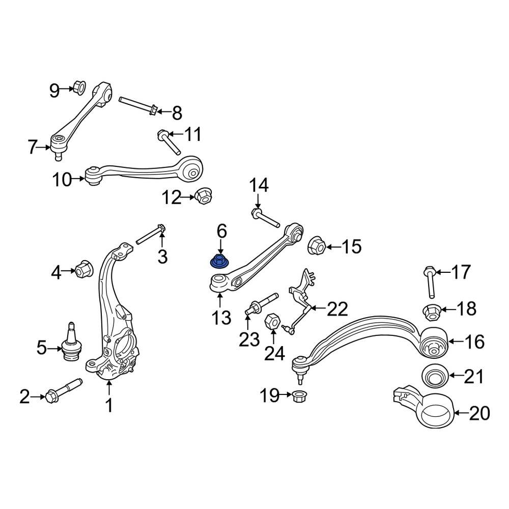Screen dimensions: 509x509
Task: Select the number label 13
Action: tap(221, 318)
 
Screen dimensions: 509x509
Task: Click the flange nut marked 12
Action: tap(203, 195)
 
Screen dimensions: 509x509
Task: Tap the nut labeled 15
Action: tap(316, 247)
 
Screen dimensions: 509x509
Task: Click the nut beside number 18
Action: tap(432, 311)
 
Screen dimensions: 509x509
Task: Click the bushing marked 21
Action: tap(435, 377)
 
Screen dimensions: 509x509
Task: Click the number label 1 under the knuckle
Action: tap(108, 406)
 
